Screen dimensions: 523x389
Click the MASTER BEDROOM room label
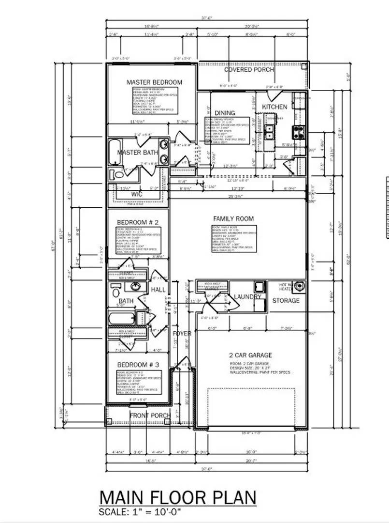point(154,82)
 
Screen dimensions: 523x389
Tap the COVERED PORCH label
point(249,70)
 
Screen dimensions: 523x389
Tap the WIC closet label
point(137,194)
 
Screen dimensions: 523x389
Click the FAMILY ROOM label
point(233,219)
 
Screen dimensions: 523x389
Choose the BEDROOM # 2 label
point(138,222)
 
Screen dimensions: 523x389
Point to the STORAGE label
point(286,300)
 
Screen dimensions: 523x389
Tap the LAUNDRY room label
point(247,297)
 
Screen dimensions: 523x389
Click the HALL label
point(158,290)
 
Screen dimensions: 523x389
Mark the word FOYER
point(182,334)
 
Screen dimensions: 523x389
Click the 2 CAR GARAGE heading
point(250,355)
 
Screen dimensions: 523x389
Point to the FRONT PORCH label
point(150,415)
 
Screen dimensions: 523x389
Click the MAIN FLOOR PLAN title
point(177,498)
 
